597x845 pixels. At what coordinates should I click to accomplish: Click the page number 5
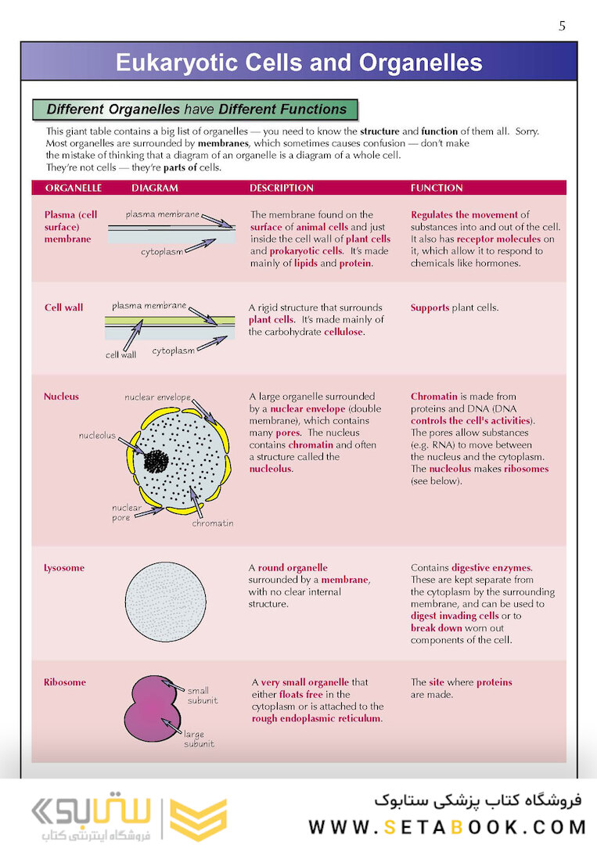(562, 26)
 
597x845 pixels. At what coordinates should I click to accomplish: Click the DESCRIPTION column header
(281, 188)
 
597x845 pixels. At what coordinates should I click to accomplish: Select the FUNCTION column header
(437, 188)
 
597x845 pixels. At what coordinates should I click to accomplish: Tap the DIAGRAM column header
(155, 188)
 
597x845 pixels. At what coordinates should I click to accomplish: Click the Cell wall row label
(63, 307)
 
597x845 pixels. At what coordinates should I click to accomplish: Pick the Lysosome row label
(64, 568)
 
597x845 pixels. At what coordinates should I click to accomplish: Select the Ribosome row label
(64, 682)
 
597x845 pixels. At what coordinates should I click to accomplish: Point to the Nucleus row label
(61, 397)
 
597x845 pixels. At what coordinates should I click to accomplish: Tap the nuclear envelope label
(157, 397)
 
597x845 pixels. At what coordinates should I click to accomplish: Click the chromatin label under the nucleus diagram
(213, 523)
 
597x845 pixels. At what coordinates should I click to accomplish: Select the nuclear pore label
(126, 512)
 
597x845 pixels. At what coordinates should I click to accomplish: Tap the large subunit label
(199, 739)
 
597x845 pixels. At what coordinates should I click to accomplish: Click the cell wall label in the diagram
(120, 354)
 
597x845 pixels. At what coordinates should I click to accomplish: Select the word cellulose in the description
(344, 332)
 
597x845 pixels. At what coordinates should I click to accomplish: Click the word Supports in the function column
(430, 307)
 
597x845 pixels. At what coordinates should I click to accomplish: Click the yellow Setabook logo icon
(199, 819)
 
